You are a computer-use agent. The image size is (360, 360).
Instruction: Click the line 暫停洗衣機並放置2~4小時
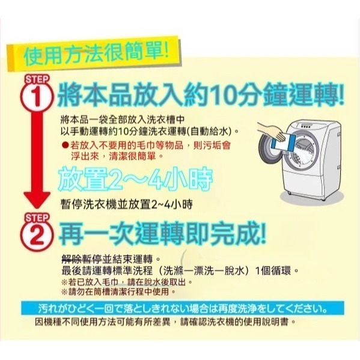point(126,203)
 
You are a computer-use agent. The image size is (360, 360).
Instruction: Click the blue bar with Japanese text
point(180,310)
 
